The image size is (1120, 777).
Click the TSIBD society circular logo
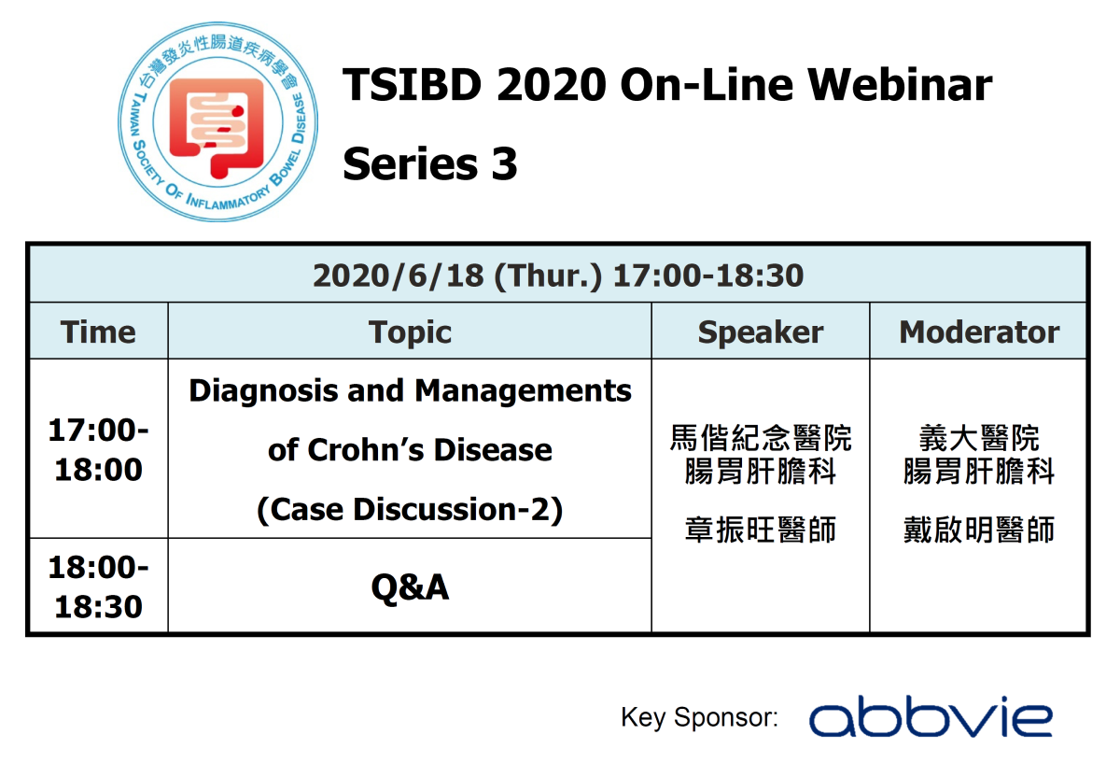(x=219, y=126)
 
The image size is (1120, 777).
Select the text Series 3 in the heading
(x=430, y=164)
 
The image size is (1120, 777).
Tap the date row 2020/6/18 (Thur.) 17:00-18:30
(x=558, y=275)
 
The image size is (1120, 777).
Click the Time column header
(x=98, y=332)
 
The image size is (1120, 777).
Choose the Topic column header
(x=410, y=332)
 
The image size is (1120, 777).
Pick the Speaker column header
(x=761, y=332)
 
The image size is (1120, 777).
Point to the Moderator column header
(x=979, y=332)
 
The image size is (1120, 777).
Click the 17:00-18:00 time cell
(x=98, y=450)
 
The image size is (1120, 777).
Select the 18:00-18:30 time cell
(x=98, y=586)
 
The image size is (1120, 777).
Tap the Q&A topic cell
(x=410, y=586)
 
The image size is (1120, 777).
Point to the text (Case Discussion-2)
(x=410, y=509)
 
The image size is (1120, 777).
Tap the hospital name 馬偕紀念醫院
(x=761, y=438)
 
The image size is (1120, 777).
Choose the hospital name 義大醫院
(x=979, y=438)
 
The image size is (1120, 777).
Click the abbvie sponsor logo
(x=931, y=717)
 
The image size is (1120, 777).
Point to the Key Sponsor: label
(x=699, y=717)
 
